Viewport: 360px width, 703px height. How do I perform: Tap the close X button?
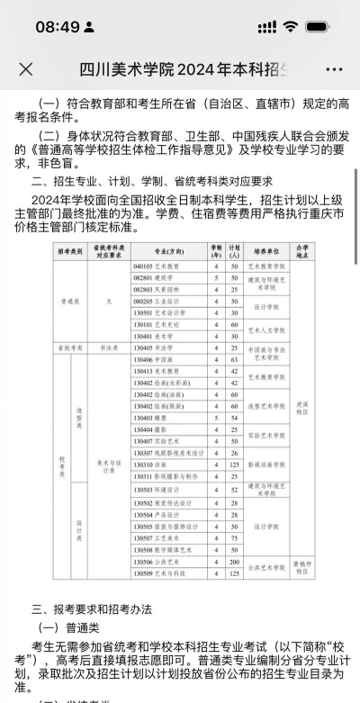point(26,69)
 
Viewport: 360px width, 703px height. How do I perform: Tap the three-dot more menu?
point(334,69)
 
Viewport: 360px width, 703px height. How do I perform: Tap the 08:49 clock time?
point(58,26)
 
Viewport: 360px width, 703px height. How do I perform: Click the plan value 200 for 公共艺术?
point(232,561)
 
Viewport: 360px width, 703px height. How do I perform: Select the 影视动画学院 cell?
point(267,464)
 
